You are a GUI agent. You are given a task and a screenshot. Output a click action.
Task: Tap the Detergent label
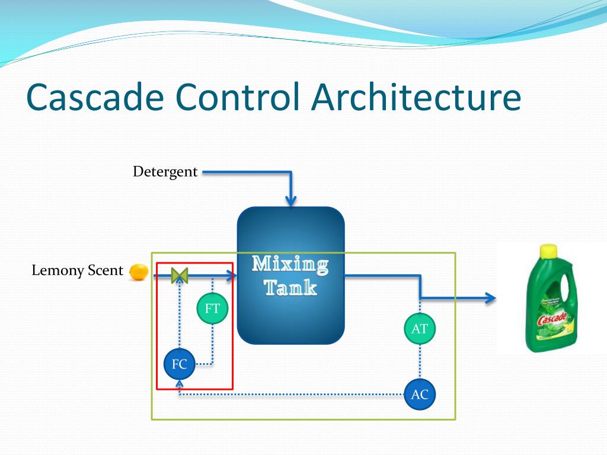coord(165,172)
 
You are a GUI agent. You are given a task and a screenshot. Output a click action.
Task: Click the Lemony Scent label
coord(77,271)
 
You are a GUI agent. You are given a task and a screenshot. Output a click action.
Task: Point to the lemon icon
coord(139,271)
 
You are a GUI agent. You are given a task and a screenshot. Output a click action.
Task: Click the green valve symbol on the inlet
coord(179,275)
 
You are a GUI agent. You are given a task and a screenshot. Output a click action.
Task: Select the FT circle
coord(212,309)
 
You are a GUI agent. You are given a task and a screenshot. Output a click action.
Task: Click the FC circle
coord(179,364)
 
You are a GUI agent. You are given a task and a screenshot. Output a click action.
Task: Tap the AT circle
coord(420,328)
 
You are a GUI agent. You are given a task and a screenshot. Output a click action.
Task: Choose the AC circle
coord(420,395)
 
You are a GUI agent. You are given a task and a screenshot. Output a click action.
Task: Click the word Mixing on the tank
coord(290,264)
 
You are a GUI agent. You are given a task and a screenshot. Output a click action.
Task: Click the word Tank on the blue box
coord(290,289)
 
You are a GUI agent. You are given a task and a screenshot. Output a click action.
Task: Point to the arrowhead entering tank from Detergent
coord(290,201)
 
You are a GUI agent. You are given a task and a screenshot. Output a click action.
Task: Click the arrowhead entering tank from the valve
coord(231,275)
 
